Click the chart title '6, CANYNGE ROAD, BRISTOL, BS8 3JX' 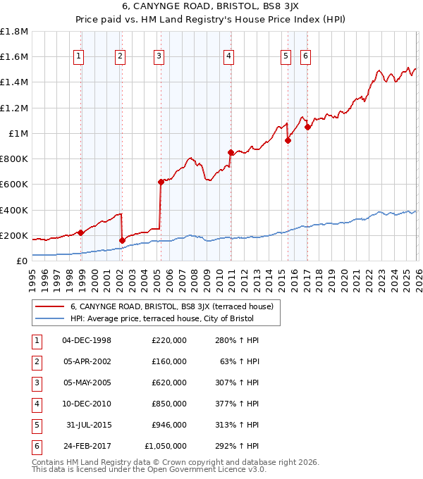211,8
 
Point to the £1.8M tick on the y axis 14,32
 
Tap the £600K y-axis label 14,185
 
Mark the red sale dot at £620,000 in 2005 161,182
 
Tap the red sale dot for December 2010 231,152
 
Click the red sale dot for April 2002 122,240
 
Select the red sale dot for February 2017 307,127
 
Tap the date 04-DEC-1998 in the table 87,340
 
